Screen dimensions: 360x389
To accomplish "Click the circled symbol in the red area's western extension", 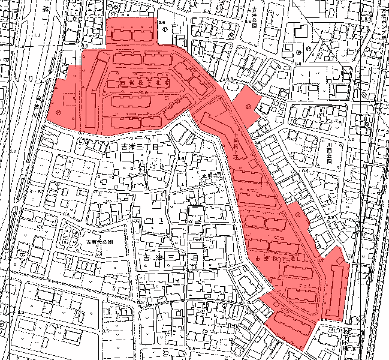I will pos(58,112).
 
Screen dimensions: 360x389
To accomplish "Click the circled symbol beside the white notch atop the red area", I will pos(163,23).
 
